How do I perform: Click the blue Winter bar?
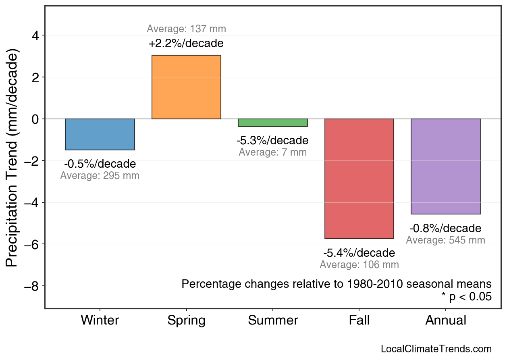[x=100, y=134]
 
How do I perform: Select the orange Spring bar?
[x=186, y=87]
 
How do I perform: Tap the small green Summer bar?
[x=273, y=123]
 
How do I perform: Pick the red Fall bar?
[x=359, y=179]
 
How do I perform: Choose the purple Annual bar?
[x=445, y=166]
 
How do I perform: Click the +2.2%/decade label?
[x=186, y=44]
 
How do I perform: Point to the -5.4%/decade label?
[x=359, y=253]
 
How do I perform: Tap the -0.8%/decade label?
[x=445, y=229]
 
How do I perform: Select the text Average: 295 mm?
[x=100, y=176]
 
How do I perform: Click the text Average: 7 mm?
[x=273, y=152]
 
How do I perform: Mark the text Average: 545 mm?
[x=445, y=240]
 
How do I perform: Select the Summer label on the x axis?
[x=273, y=320]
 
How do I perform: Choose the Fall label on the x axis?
[x=359, y=320]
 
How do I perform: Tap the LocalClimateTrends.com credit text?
[x=436, y=349]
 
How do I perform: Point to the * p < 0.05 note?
[x=467, y=297]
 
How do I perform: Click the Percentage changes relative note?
[x=337, y=284]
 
